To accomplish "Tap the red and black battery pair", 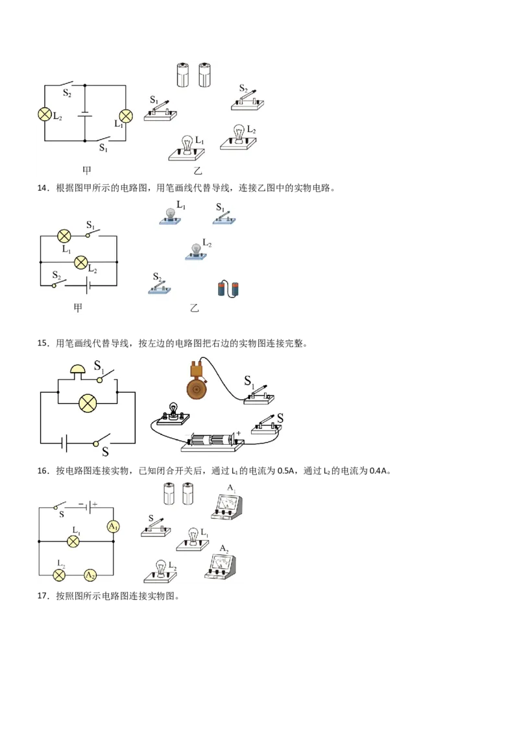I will click(228, 289).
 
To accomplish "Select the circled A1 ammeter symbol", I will click(114, 527).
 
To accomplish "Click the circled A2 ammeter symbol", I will click(91, 575).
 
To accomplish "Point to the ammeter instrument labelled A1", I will click(227, 505).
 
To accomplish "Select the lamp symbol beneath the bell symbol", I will click(88, 403).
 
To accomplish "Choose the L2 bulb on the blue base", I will click(197, 250).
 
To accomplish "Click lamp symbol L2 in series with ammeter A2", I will click(59, 575).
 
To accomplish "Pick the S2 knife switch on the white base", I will click(250, 99).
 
